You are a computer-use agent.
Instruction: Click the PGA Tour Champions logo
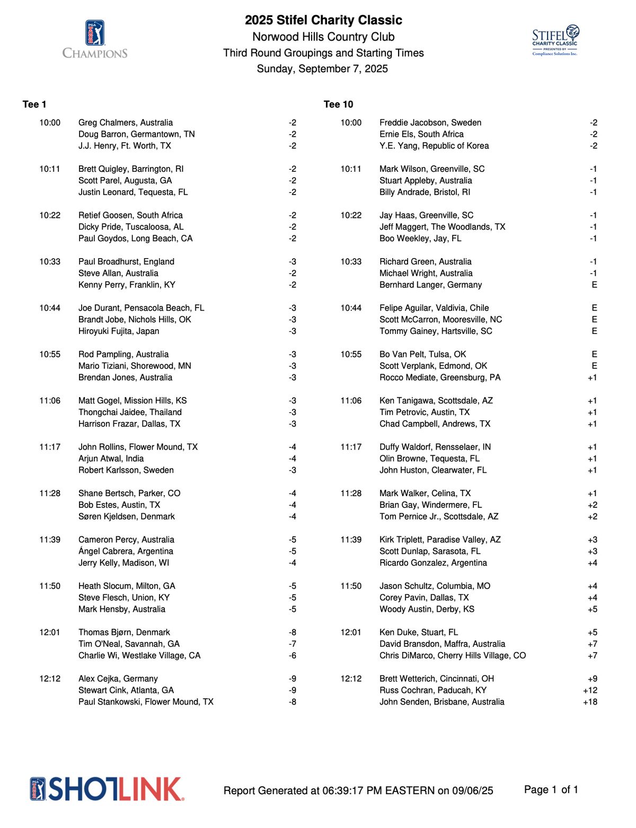pos(95,39)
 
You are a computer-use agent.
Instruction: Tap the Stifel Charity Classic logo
pos(555,40)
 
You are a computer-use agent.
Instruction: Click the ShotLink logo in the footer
pos(107,789)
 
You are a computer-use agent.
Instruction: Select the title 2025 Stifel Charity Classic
pos(323,20)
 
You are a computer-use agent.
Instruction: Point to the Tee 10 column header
pos(338,104)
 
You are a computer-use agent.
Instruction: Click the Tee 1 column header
pos(34,104)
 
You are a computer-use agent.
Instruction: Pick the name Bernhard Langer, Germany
pos(430,285)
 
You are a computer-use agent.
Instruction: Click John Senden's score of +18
pos(590,702)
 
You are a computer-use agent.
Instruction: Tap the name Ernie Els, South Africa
pos(421,134)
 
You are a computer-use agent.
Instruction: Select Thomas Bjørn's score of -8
pos(293,632)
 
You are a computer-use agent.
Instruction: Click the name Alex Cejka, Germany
pos(118,679)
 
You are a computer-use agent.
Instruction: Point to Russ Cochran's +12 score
pos(590,690)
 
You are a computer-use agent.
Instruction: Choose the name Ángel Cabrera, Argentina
pos(126,551)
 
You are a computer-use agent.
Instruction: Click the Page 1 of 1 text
pos(551,790)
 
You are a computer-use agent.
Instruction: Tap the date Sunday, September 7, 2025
pos(322,69)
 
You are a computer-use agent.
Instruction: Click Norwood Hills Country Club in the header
pos(323,37)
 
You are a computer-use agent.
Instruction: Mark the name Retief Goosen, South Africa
pos(130,215)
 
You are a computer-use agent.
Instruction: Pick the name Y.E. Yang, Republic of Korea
pos(434,146)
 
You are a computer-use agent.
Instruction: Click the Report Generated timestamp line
pos(358,791)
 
